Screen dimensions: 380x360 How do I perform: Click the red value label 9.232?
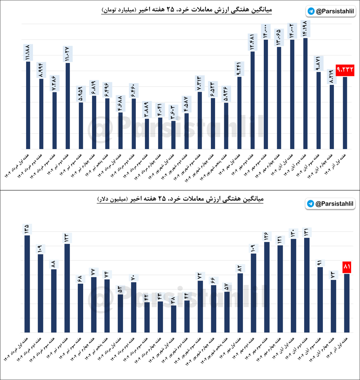point(345,70)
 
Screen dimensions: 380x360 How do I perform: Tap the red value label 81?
point(347,267)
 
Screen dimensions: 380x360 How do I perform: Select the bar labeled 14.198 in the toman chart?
point(305,94)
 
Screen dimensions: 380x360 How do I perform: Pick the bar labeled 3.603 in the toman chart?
point(173,135)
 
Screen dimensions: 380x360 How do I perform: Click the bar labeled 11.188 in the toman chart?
point(28,105)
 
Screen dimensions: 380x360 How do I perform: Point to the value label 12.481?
point(252,42)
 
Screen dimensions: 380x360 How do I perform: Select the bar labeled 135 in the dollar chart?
point(27,284)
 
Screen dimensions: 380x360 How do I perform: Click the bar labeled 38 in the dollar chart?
point(173,319)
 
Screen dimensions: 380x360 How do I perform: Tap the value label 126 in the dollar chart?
point(266,236)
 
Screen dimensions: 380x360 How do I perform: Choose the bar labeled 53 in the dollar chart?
point(120,313)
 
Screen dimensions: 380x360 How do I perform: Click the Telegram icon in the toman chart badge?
point(311,11)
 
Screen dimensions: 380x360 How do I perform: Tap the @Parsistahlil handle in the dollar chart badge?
point(334,204)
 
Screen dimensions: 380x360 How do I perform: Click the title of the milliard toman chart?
point(187,10)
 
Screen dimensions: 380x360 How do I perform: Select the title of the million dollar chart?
point(180,199)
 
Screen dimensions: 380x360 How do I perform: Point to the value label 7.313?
point(199,83)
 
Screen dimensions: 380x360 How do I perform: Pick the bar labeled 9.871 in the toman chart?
point(318,110)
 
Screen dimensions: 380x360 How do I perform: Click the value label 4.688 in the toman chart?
point(120,104)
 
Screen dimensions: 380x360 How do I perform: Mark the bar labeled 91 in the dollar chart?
point(320,300)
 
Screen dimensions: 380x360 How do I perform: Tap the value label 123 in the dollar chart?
point(67,238)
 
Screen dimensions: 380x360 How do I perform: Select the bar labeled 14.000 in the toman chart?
point(266,94)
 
